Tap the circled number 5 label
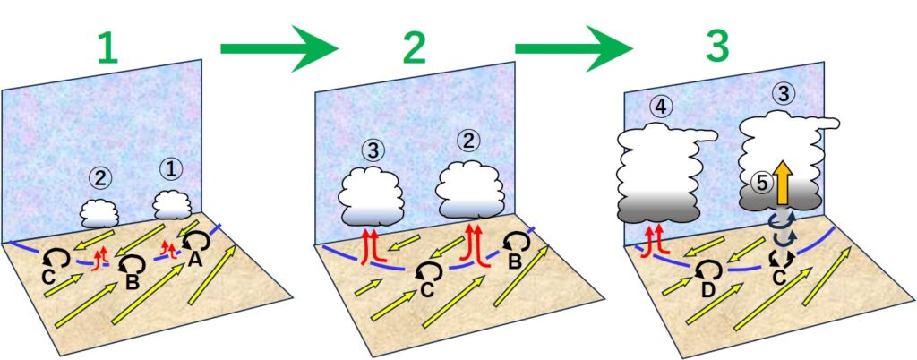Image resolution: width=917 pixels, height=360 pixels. (x=761, y=183)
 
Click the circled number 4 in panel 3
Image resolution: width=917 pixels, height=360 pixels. (x=661, y=108)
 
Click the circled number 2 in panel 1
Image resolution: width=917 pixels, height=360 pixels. (x=101, y=178)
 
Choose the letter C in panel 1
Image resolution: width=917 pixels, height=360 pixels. (x=46, y=275)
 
